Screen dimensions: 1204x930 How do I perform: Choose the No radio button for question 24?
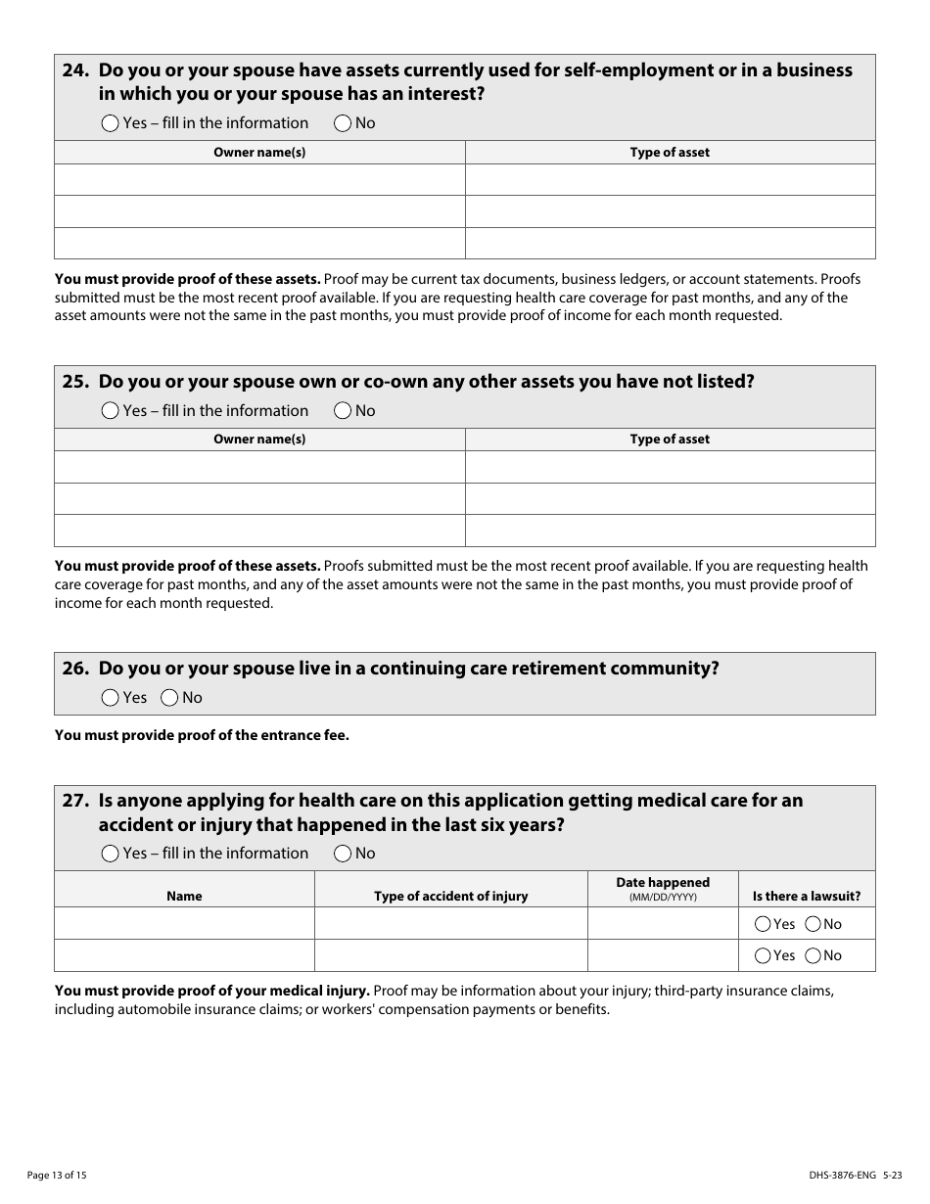click(343, 123)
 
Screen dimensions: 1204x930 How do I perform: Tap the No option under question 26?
click(169, 698)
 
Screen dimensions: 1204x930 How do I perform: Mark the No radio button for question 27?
click(343, 854)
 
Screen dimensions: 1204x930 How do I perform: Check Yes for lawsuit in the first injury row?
click(763, 924)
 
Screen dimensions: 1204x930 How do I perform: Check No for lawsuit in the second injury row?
click(813, 955)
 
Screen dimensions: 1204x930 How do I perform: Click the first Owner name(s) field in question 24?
click(259, 180)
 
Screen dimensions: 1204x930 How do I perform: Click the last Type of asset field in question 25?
click(670, 531)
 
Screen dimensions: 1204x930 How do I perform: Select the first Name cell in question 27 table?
click(184, 924)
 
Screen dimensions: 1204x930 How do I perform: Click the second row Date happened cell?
click(663, 955)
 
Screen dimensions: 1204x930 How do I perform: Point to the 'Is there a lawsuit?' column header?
click(807, 897)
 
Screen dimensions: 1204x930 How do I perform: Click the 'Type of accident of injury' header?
click(450, 897)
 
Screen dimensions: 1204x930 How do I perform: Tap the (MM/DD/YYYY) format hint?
click(663, 898)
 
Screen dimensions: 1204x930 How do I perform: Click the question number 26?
click(75, 669)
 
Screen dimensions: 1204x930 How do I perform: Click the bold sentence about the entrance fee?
click(202, 735)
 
